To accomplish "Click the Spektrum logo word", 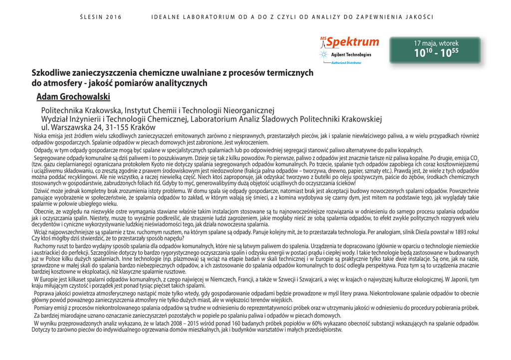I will [352, 42].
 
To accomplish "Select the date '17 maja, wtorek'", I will [436, 43].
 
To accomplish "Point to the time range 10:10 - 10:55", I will [436, 53].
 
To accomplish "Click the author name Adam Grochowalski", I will [73, 97].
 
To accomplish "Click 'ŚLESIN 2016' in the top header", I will [101, 17].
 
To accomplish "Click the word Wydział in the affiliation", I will [55, 119].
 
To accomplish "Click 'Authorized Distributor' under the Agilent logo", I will [346, 63].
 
